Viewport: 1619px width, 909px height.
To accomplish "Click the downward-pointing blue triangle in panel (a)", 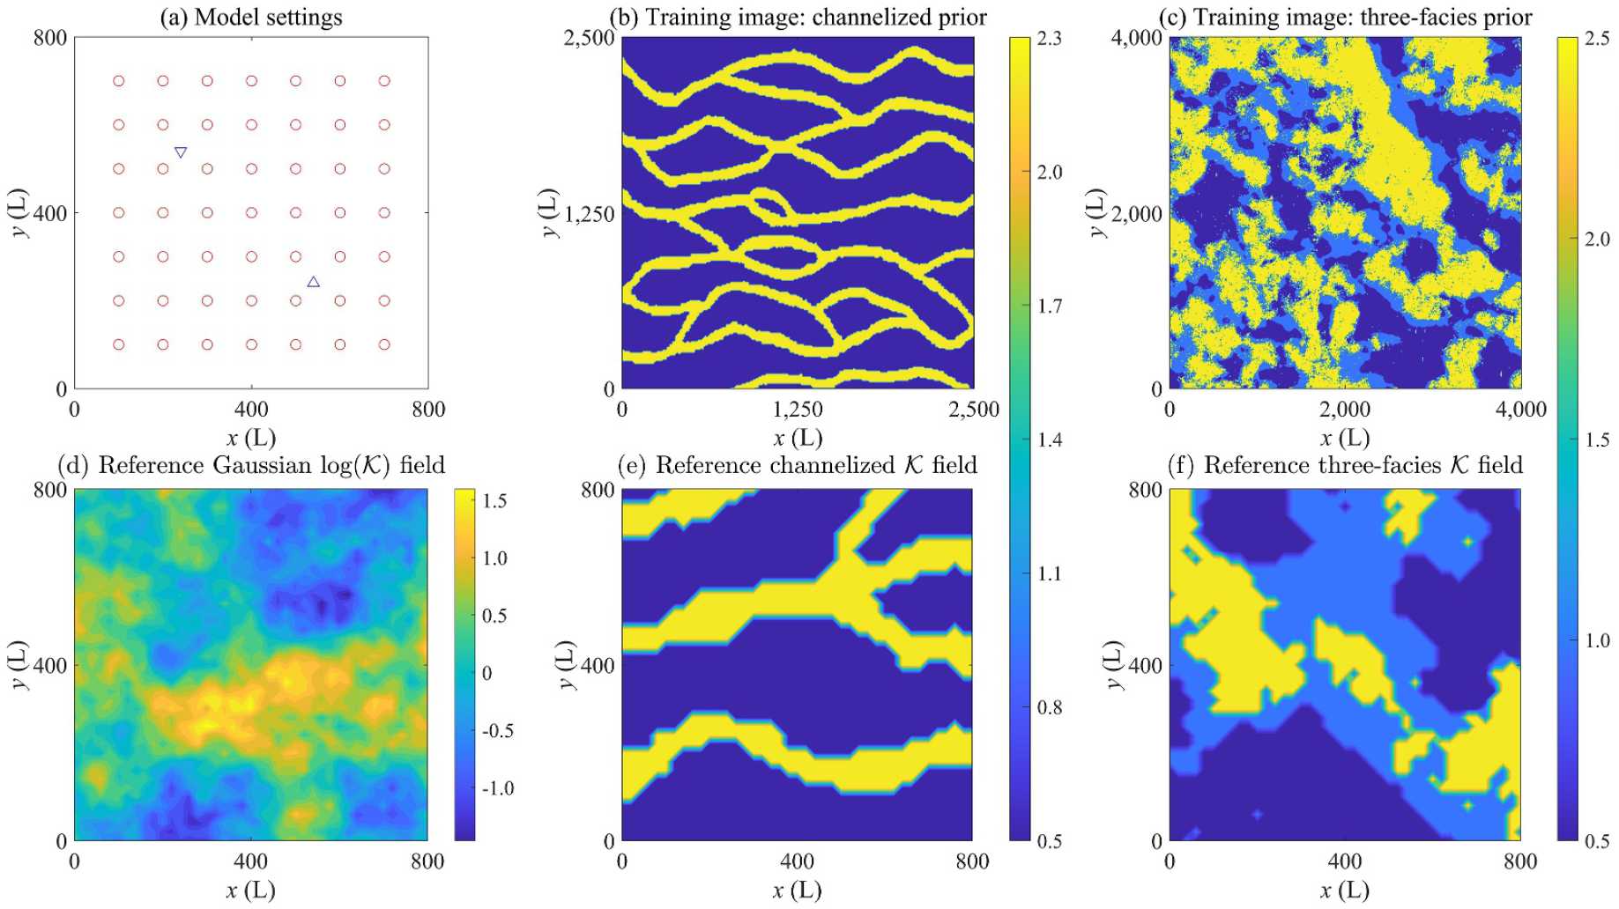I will coord(181,152).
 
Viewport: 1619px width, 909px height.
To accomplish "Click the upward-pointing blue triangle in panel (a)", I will coord(313,282).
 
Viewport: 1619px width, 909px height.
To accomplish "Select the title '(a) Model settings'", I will coord(251,17).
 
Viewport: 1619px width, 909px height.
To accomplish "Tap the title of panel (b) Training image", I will coord(798,17).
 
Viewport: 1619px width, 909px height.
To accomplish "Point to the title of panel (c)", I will coord(1345,17).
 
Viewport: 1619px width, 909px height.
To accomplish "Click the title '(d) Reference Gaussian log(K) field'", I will coord(251,465).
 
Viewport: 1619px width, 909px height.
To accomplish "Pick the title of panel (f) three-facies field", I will coord(1345,465).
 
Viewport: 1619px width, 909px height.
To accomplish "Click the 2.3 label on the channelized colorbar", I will coord(1049,38).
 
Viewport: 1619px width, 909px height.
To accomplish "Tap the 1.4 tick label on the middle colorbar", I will coord(1049,440).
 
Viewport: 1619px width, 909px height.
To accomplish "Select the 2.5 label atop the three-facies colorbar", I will coord(1597,38).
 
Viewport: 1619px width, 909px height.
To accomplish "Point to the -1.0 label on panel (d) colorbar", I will coord(498,788).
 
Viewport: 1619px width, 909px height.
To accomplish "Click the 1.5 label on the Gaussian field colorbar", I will coord(494,501).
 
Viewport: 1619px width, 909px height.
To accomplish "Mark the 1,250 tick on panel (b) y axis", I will coord(589,214).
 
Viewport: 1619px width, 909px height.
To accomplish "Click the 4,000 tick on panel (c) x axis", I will coord(1520,410).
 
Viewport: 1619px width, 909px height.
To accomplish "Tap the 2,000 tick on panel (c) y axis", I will coord(1137,214).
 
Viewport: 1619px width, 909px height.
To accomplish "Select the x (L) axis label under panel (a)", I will coord(251,438).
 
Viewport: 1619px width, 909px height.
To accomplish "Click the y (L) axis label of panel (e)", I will coord(567,665).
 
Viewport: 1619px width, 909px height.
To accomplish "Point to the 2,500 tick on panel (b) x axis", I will coord(974,410).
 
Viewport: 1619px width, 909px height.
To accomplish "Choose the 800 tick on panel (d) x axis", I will coord(427,861).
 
